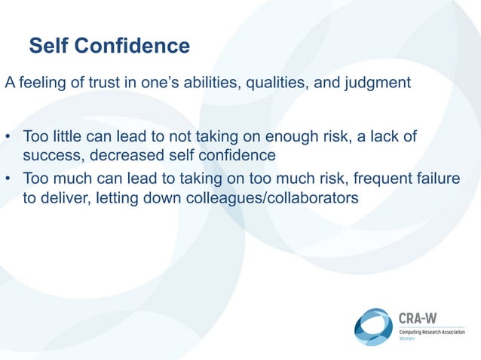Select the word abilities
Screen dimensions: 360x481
click(207, 83)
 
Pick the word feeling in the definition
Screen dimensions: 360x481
click(41, 83)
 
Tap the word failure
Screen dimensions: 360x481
click(437, 179)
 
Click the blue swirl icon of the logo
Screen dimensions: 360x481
click(373, 327)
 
